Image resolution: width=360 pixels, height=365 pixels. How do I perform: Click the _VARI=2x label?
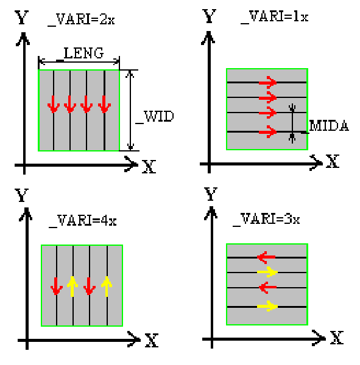pos(81,19)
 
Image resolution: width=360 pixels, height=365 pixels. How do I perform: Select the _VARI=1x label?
pos(275,17)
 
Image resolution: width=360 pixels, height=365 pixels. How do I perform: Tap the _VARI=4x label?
pos(83,221)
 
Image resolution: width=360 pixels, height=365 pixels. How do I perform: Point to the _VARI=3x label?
pos(266,219)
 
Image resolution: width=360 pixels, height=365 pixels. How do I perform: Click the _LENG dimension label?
pos(80,54)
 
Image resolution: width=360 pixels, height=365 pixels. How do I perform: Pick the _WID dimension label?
pos(155,117)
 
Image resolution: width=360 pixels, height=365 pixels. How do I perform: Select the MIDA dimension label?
pos(329,126)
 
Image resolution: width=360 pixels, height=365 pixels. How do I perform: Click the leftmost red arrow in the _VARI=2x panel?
pos(54,104)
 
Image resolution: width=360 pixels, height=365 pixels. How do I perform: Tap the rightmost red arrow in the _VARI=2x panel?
pos(104,104)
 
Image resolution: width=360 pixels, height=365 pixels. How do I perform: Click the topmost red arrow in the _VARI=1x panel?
pos(267,82)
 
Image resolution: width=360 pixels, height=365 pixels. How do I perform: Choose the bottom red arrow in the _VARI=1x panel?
pos(267,132)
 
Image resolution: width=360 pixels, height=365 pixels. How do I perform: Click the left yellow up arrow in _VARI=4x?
pos(72,287)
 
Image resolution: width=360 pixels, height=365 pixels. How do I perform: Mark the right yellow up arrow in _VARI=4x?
pos(107,287)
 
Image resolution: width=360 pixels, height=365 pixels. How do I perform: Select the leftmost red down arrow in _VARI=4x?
pos(57,287)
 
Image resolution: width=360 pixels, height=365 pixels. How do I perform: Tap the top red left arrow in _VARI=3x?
pos(266,257)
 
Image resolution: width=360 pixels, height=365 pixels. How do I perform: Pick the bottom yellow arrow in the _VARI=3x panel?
pos(267,307)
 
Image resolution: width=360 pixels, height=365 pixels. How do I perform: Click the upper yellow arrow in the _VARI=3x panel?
pos(267,272)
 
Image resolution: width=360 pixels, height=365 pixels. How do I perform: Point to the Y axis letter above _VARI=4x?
pos(22,195)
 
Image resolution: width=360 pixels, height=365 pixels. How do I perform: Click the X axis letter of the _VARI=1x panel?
pos(332,161)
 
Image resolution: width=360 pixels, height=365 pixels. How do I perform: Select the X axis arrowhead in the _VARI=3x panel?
pos(319,338)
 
